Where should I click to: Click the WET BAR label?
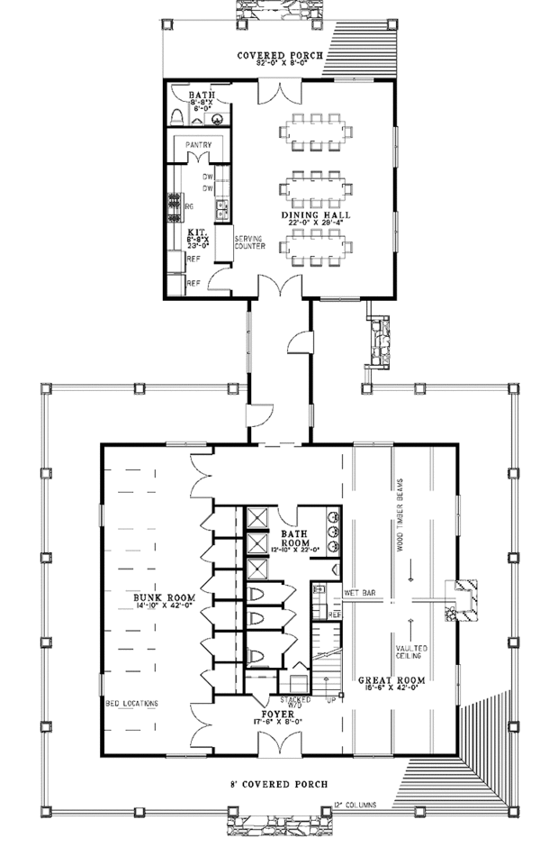click(358, 593)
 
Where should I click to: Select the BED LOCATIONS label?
click(132, 701)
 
